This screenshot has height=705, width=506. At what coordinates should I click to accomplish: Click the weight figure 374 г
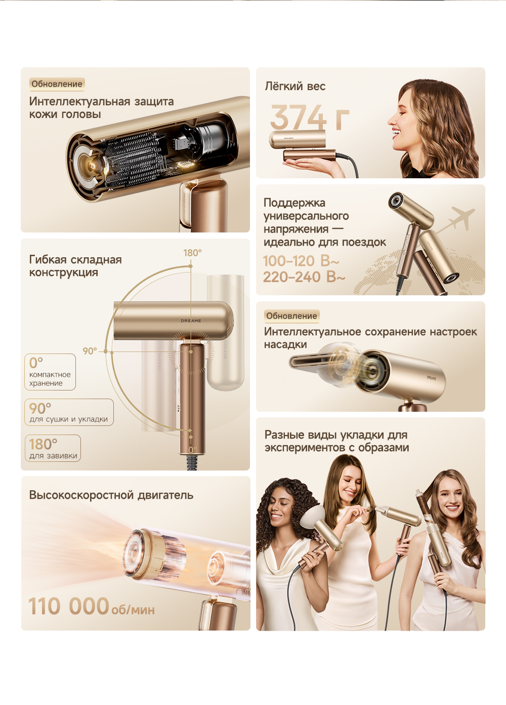[310, 117]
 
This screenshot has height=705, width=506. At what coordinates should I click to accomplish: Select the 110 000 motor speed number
[68, 606]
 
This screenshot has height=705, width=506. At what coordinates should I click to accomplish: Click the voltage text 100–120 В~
[301, 261]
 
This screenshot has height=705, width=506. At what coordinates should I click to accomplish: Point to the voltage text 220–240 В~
[304, 277]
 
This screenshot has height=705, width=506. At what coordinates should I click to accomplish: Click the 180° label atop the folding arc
[192, 253]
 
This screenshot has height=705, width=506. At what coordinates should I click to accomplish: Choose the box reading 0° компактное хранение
[50, 372]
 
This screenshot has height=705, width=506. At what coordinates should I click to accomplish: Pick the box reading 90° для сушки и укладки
[69, 412]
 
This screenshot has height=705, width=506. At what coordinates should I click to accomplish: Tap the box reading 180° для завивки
[53, 448]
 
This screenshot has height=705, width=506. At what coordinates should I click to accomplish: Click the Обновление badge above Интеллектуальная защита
[57, 84]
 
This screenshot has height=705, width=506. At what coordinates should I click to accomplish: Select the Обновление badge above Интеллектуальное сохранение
[291, 316]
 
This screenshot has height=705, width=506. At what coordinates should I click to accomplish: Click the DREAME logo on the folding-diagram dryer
[191, 321]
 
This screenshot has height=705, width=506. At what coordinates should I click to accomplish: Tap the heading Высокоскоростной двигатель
[111, 495]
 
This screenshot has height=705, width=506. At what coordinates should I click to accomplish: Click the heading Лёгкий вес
[295, 86]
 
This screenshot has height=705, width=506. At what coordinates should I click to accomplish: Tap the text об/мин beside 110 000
[133, 610]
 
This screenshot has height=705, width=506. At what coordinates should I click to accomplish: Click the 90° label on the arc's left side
[90, 351]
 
